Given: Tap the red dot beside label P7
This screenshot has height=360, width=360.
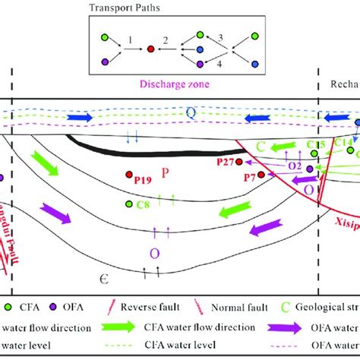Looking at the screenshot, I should (261, 175).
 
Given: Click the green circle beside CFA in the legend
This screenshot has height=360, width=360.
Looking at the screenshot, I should (8, 308).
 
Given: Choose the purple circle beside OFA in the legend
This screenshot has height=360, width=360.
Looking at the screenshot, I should (54, 308).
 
